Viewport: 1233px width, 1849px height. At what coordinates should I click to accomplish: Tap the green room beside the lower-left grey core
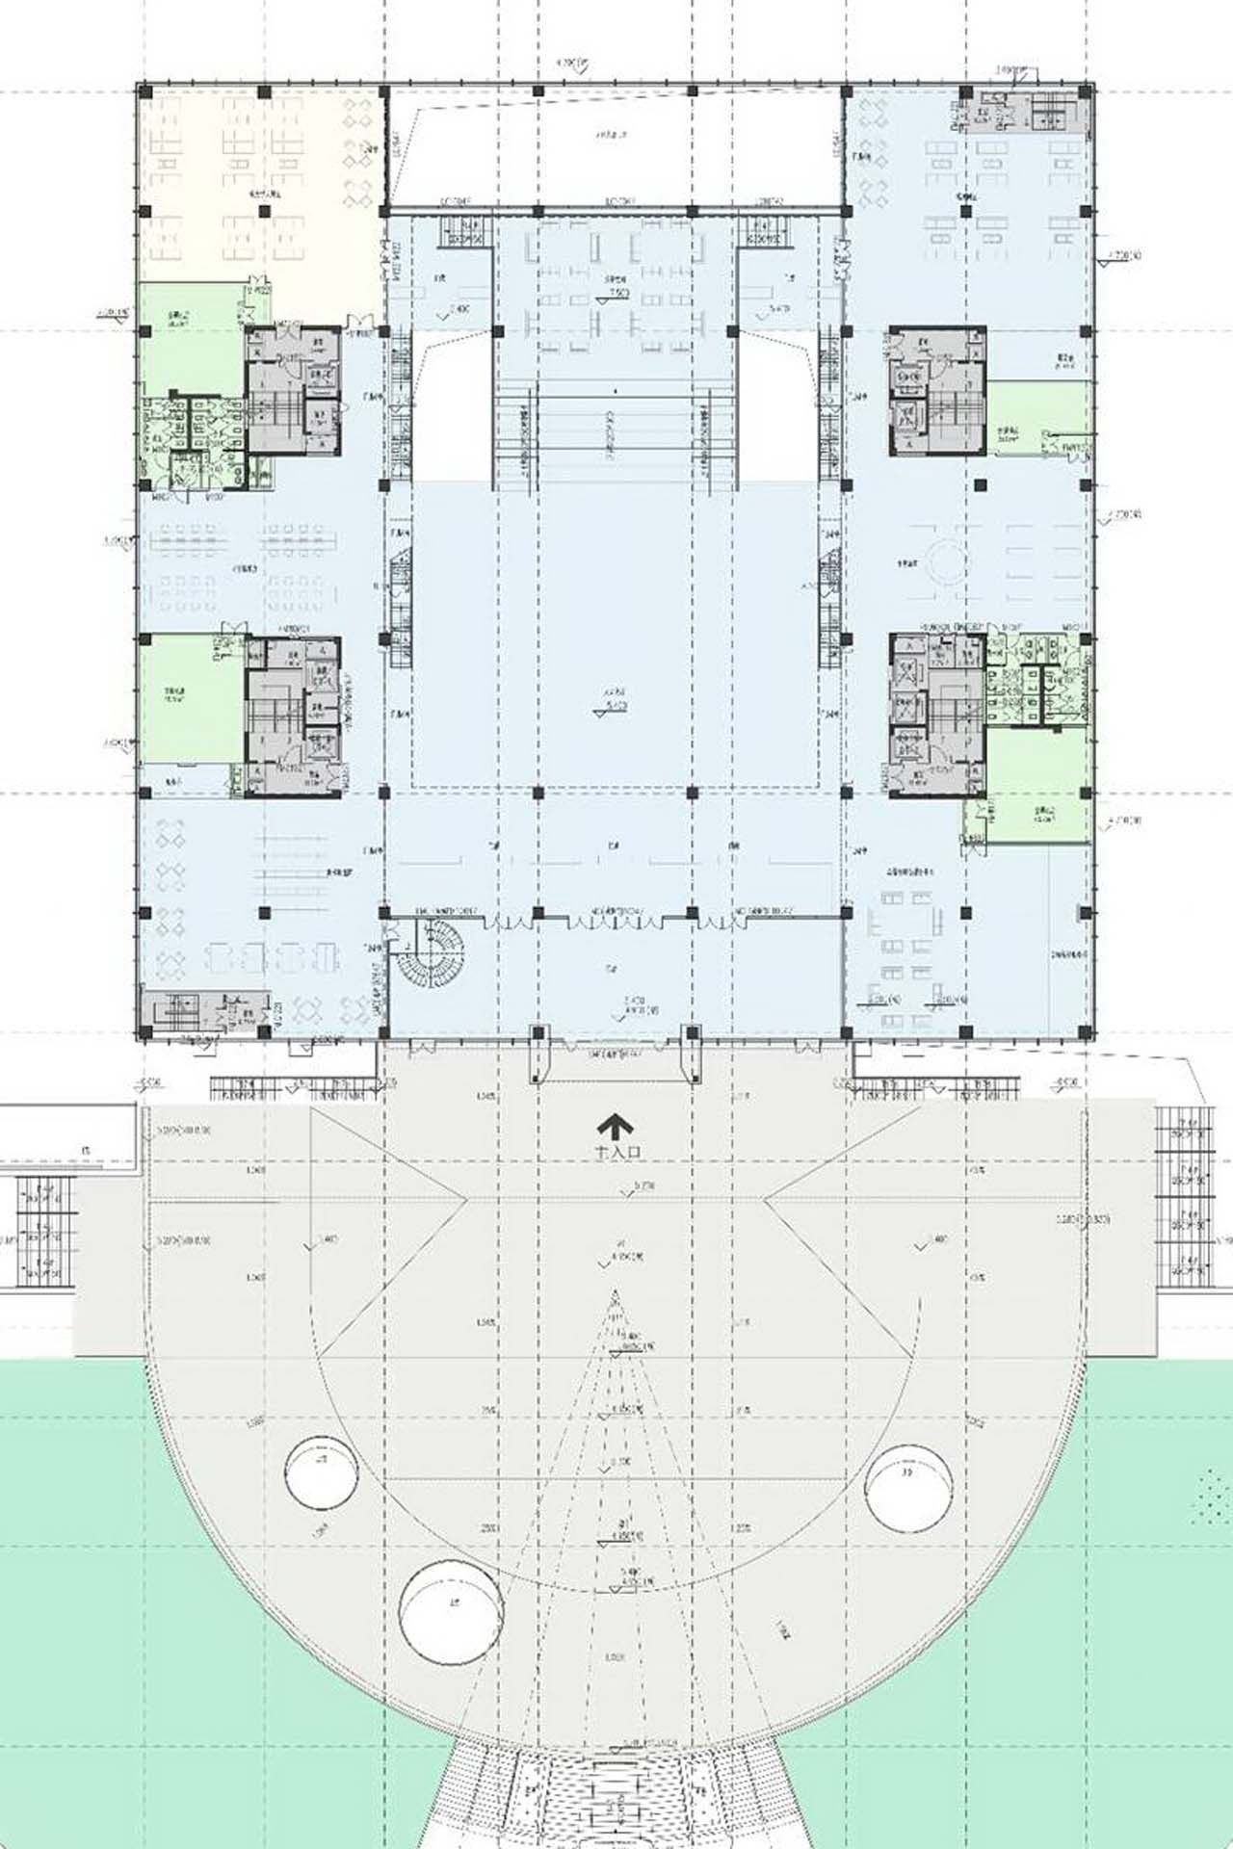coord(188,698)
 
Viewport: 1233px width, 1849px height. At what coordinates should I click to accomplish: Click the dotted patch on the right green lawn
coord(1212,1493)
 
